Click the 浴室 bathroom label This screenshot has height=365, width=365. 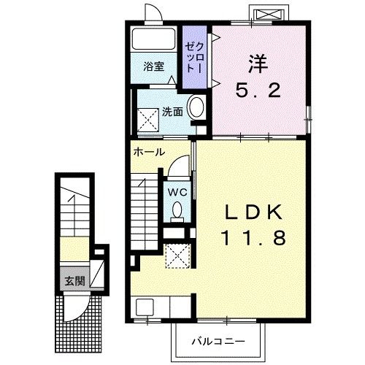coord(153,66)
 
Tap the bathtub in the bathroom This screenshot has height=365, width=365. coord(153,39)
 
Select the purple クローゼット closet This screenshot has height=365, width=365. coord(195,57)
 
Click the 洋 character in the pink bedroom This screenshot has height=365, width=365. coord(258,64)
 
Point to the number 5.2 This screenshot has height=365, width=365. coord(258,91)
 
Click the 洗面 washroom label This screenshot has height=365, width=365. coord(172,112)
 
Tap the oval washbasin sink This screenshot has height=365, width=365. coord(196,107)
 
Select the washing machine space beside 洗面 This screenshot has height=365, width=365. coord(148,120)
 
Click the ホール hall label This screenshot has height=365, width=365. coord(149,152)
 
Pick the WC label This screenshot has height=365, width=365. coord(178,193)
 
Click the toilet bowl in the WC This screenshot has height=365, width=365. coord(177,210)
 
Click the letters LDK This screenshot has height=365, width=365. coord(253,212)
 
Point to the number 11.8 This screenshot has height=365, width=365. coord(253,238)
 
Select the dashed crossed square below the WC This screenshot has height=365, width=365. coord(177,255)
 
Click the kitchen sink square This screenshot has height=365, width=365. coord(145,307)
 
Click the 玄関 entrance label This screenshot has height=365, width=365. coord(74,281)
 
